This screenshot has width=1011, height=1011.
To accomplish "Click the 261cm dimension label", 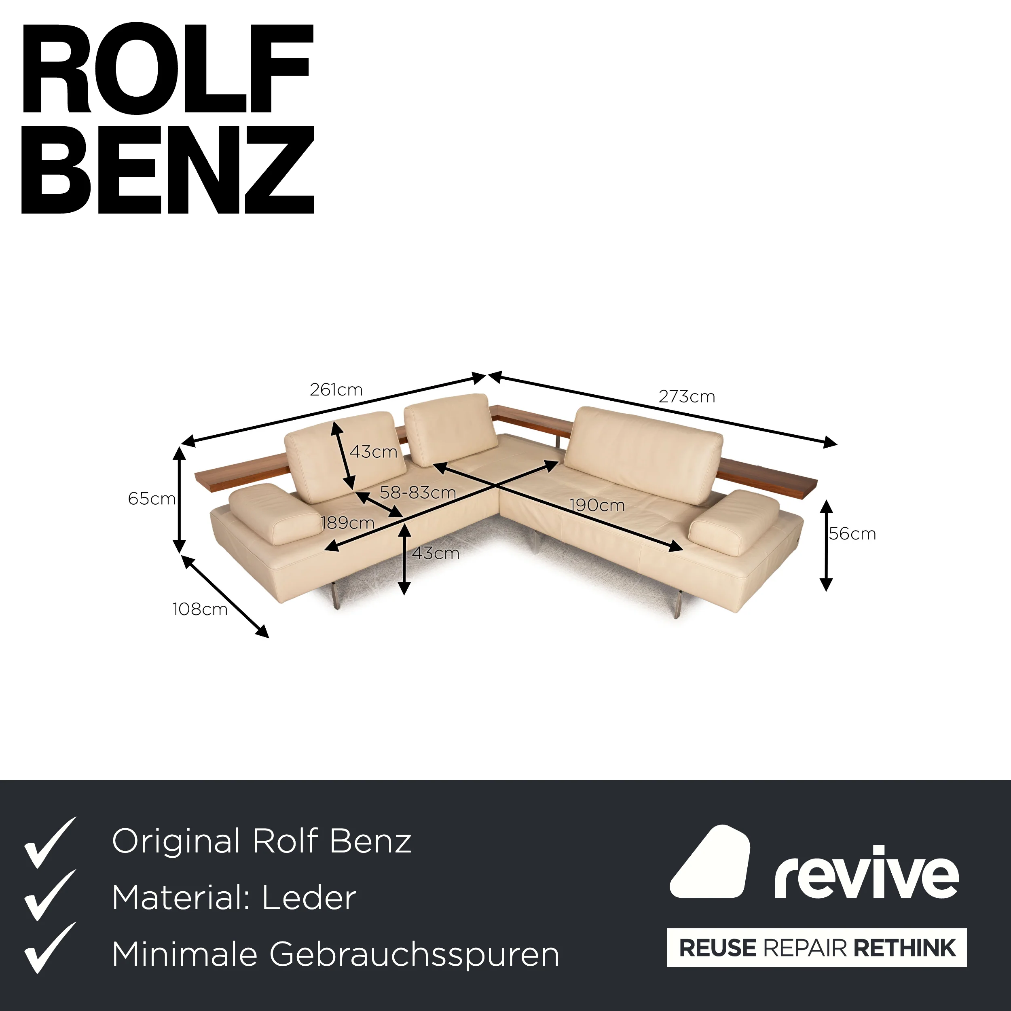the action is coord(336,390).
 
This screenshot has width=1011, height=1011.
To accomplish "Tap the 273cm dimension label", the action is coord(687,397).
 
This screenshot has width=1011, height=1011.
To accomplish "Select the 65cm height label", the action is coord(152,499).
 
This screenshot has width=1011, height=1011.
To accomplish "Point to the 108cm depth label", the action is coord(200,609).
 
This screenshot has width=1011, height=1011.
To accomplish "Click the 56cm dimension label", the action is coord(852,534).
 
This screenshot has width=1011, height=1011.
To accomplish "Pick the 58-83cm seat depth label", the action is coord(418,493).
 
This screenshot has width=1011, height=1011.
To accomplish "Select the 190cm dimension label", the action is coord(597,505).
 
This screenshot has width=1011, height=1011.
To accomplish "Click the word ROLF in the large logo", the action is coord(167,68).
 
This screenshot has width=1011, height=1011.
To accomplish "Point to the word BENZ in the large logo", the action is coord(168,169).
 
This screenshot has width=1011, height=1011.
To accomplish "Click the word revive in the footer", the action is coord(867,874).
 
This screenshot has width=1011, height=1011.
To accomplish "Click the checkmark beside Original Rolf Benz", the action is coord(50,842).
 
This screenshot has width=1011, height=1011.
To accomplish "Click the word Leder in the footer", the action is coord(309,898).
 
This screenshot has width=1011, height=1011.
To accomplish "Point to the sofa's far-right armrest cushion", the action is coord(734,522).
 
